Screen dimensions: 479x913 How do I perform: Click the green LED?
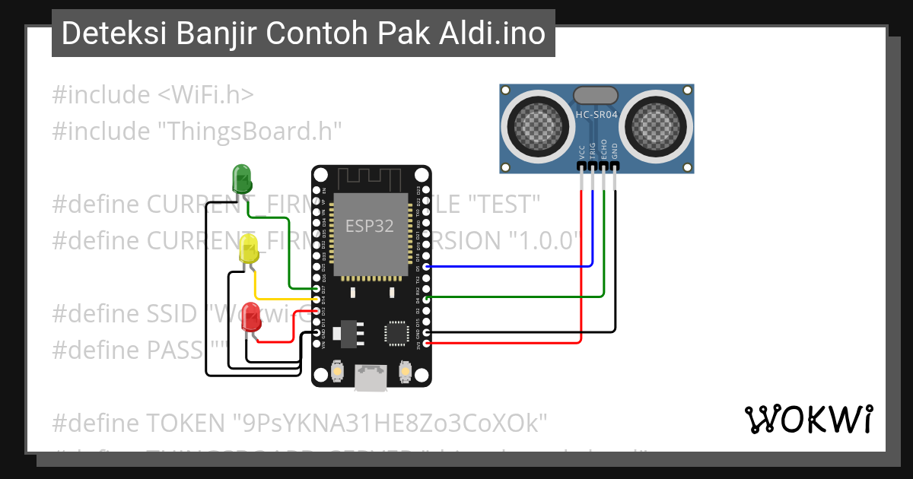[x=242, y=178]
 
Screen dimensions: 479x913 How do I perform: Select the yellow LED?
[x=249, y=249]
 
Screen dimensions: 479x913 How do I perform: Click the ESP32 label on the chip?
[x=370, y=226]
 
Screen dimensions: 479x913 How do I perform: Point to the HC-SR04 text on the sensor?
[x=596, y=115]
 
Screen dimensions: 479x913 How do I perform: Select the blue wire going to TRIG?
[x=510, y=266]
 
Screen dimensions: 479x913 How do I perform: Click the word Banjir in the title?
[x=221, y=33]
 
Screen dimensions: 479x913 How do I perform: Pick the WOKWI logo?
[x=808, y=419]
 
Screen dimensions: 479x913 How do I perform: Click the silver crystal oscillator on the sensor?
[x=596, y=95]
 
